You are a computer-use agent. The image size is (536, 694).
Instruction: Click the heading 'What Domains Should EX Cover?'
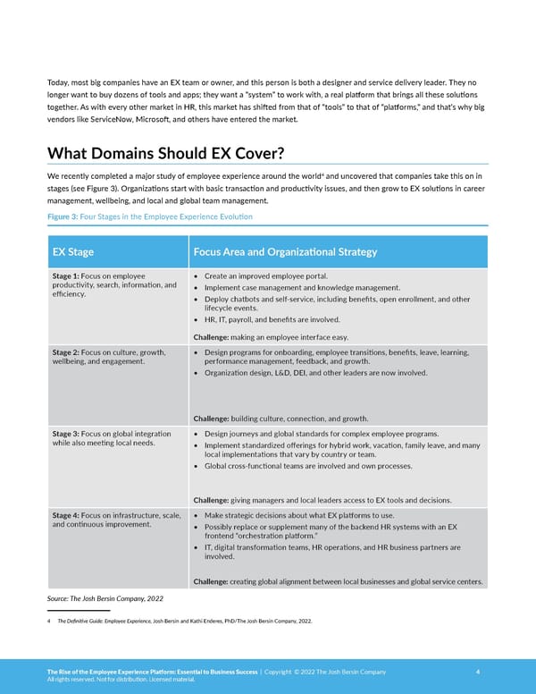[x=165, y=154]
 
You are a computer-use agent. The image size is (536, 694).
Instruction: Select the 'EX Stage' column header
[x=73, y=252]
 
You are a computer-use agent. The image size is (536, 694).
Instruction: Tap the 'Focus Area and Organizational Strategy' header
[x=285, y=252]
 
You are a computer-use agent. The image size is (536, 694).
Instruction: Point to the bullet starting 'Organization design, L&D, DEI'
[x=315, y=372]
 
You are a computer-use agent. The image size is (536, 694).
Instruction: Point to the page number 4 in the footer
[x=479, y=672]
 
